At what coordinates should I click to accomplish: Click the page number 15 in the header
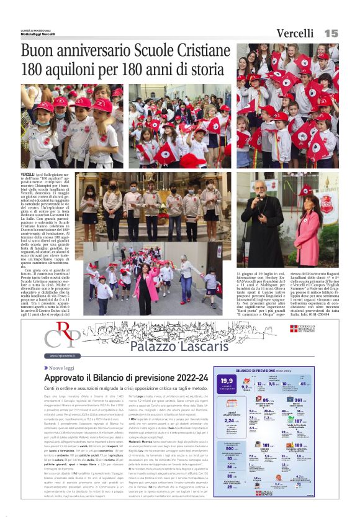pos(331,33)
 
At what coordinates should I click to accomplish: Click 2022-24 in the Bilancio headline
pos(189,378)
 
